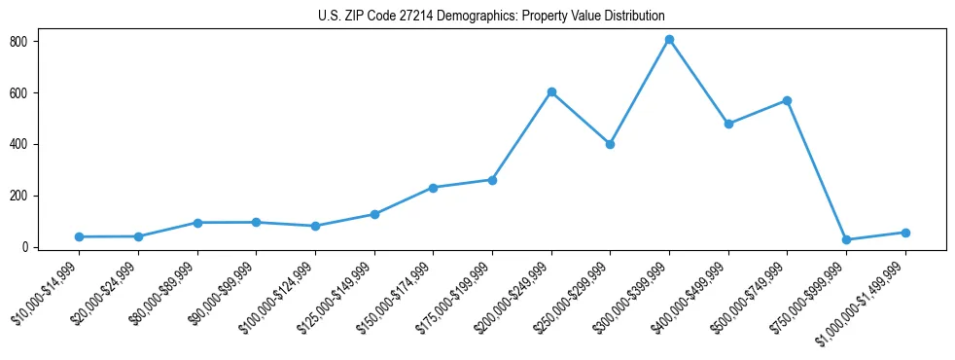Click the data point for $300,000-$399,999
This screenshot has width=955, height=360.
(x=669, y=40)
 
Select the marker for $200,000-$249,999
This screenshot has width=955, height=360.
(x=551, y=91)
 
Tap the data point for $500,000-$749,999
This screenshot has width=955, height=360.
(x=787, y=100)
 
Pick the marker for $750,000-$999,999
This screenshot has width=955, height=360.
(x=846, y=239)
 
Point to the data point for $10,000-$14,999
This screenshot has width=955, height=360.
(x=79, y=236)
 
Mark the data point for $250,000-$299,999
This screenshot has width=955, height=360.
(x=610, y=144)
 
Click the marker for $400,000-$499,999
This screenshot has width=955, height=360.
(x=728, y=124)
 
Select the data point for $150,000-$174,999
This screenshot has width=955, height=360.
(x=433, y=188)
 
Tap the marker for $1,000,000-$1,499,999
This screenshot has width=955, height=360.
(x=905, y=233)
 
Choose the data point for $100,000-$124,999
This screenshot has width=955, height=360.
(x=315, y=226)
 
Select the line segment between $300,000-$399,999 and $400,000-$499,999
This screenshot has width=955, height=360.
(x=698, y=82)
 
